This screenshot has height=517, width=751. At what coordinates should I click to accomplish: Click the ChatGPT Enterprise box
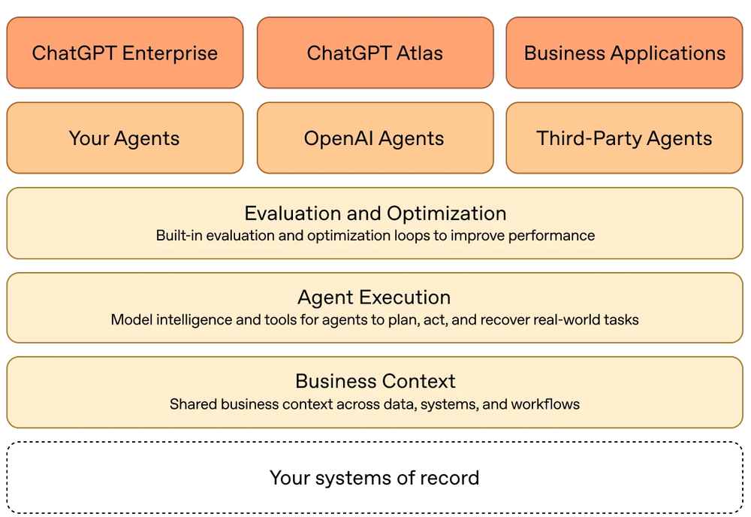coord(125,53)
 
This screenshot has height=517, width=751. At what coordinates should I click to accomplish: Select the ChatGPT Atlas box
coord(375,53)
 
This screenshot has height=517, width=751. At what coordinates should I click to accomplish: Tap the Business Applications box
coord(625,53)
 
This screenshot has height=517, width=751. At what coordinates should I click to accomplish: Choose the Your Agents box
coord(125,138)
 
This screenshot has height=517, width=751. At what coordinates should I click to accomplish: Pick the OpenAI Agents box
coord(375,138)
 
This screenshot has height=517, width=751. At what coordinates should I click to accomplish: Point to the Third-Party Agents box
coord(625,138)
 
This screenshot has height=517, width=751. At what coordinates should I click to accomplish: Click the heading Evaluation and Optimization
coord(375,213)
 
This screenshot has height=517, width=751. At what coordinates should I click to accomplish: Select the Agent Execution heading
coord(375,298)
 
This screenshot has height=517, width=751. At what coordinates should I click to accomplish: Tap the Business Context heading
coord(375,382)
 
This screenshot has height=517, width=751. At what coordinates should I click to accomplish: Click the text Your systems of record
coord(375,478)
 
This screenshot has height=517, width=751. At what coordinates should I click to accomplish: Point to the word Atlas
coord(420,53)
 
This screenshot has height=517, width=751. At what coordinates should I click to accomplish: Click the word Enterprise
coord(170,53)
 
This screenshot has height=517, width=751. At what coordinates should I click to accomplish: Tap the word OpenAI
coord(339,138)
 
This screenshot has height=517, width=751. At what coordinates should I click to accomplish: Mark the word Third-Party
coord(589,138)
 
